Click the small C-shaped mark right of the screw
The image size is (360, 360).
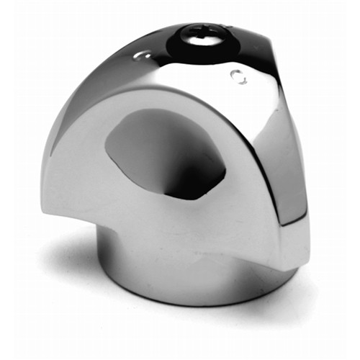[x=238, y=76]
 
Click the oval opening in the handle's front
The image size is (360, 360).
[x=166, y=151]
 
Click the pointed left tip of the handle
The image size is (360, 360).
[x=45, y=205]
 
